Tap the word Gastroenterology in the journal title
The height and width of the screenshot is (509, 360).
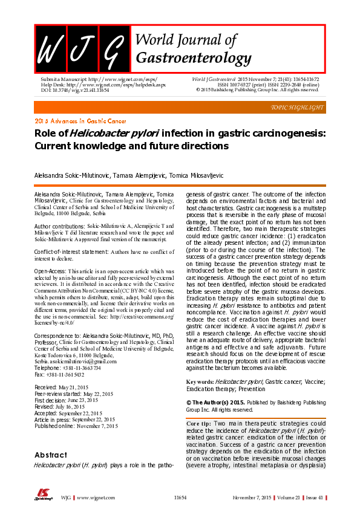[x=194, y=58]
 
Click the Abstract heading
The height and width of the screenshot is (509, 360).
[x=50, y=455]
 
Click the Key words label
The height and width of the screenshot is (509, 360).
[x=200, y=382]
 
